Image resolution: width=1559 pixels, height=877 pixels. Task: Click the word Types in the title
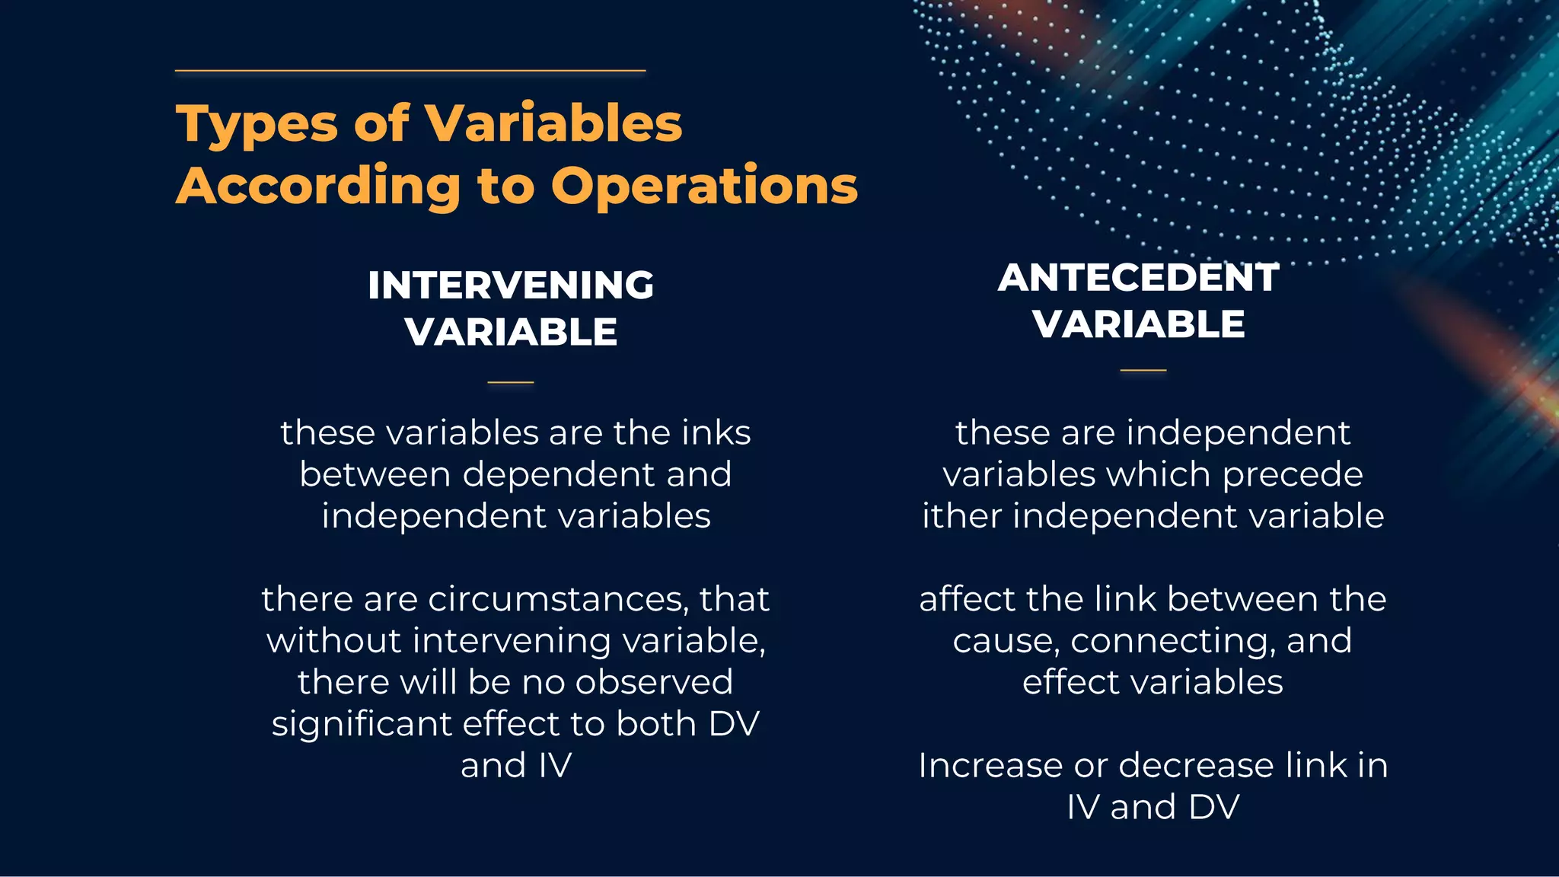(257, 124)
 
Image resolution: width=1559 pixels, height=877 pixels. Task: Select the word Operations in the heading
(704, 186)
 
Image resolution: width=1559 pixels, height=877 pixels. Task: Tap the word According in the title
(317, 186)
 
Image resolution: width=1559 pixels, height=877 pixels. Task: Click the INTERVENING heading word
(511, 285)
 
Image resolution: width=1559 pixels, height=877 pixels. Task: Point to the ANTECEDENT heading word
(1138, 278)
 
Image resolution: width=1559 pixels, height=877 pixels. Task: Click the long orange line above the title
(410, 71)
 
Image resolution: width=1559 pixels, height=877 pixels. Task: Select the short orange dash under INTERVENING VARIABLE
(510, 382)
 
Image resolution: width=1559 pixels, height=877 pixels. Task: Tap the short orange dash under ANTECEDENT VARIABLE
(1143, 371)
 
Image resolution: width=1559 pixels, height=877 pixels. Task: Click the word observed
(654, 682)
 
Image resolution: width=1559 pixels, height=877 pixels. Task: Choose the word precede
(1292, 475)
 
